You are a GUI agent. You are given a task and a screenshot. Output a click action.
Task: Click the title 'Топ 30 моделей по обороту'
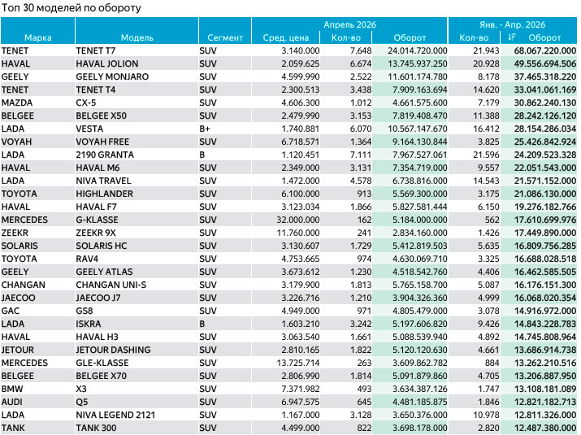point(72,8)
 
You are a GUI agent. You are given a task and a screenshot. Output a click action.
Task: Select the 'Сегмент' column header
point(225,37)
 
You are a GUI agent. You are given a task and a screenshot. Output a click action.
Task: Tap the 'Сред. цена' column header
point(286,37)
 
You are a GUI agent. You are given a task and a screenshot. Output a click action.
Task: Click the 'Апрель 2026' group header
point(349,24)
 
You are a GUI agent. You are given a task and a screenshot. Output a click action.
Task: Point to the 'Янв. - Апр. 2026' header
point(513,24)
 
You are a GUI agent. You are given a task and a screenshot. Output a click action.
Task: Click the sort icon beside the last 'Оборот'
point(512,37)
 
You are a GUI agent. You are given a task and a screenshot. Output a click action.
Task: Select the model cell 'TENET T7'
point(96,50)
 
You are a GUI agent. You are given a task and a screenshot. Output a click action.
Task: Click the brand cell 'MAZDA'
point(17,102)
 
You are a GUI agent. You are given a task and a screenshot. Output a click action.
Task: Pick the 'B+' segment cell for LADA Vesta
point(205,128)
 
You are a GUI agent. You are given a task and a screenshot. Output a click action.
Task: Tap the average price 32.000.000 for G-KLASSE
point(298,220)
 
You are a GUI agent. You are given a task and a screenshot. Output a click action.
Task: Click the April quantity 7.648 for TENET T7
point(361,50)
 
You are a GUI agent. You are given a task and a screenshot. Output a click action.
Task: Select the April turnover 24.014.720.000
point(418,50)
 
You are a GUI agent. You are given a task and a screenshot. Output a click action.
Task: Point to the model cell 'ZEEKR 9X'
point(96,233)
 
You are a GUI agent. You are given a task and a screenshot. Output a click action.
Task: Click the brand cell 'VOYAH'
point(16,141)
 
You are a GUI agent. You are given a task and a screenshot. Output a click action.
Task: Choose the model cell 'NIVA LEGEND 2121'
point(115,415)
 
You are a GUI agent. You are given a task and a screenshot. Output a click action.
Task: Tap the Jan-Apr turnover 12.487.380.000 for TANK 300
point(545,428)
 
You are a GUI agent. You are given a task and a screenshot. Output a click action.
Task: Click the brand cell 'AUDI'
point(12,402)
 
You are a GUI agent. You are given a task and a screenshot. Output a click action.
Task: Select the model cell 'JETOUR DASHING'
point(113,350)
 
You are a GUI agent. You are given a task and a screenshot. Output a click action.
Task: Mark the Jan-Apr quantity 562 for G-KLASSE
point(492,220)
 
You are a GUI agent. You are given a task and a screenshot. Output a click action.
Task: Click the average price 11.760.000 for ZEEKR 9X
point(298,233)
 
